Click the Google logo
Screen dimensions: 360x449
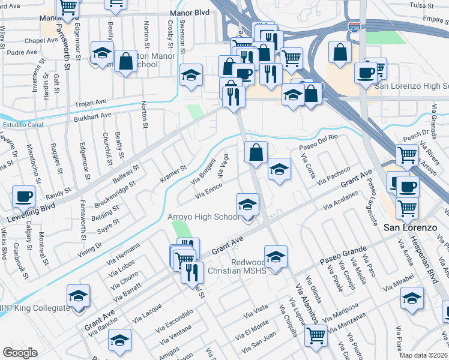[20, 353]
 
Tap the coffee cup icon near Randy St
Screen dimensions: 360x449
[24, 196]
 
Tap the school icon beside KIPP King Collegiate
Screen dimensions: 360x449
[78, 295]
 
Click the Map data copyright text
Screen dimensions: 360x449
[423, 355]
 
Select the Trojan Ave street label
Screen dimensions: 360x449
[89, 103]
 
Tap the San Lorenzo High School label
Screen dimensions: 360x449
[412, 86]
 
